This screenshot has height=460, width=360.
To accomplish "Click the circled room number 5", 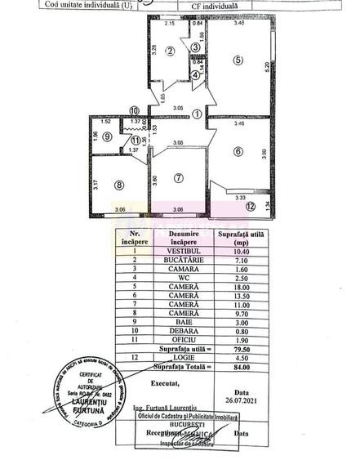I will click(x=237, y=60).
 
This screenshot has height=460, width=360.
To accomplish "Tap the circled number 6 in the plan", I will click(x=238, y=150).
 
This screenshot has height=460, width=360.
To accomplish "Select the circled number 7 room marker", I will click(x=179, y=178).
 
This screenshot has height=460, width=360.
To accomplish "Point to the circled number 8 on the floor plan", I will click(x=118, y=185).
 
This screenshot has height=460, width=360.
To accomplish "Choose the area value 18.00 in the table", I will click(x=237, y=288).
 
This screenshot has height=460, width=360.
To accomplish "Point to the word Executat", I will click(x=171, y=382).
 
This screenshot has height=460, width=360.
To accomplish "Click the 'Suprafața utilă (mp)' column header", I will click(x=237, y=238).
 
